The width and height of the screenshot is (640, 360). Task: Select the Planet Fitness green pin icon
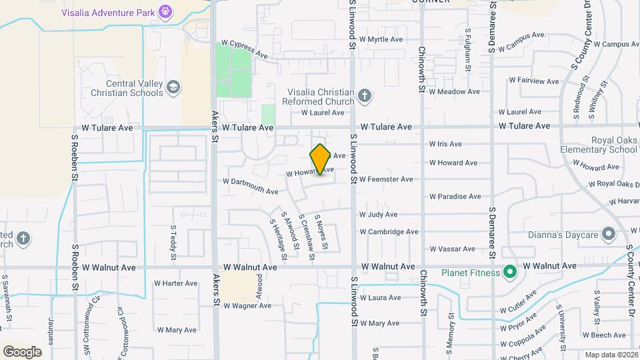pyautogui.click(x=510, y=272)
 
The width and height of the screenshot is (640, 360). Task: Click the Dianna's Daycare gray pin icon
pyautogui.click(x=608, y=234)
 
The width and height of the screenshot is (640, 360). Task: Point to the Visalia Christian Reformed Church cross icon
pyautogui.click(x=364, y=96)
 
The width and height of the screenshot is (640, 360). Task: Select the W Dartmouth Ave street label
pyautogui.click(x=251, y=186)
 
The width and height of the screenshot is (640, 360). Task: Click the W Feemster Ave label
pyautogui.click(x=386, y=179)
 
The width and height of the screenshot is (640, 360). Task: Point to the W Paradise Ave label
pyautogui.click(x=455, y=197)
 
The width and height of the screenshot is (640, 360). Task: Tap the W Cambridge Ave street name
pyautogui.click(x=389, y=232)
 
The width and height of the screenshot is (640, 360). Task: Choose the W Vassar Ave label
pyautogui.click(x=453, y=249)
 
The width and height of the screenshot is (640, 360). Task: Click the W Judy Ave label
pyautogui.click(x=378, y=215)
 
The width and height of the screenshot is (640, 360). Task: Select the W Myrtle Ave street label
pyautogui.click(x=381, y=39)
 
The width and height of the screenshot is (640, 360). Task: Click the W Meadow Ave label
pyautogui.click(x=455, y=91)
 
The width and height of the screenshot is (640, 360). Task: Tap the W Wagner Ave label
pyautogui.click(x=247, y=306)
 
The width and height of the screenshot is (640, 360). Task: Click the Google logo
pyautogui.click(x=22, y=351)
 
